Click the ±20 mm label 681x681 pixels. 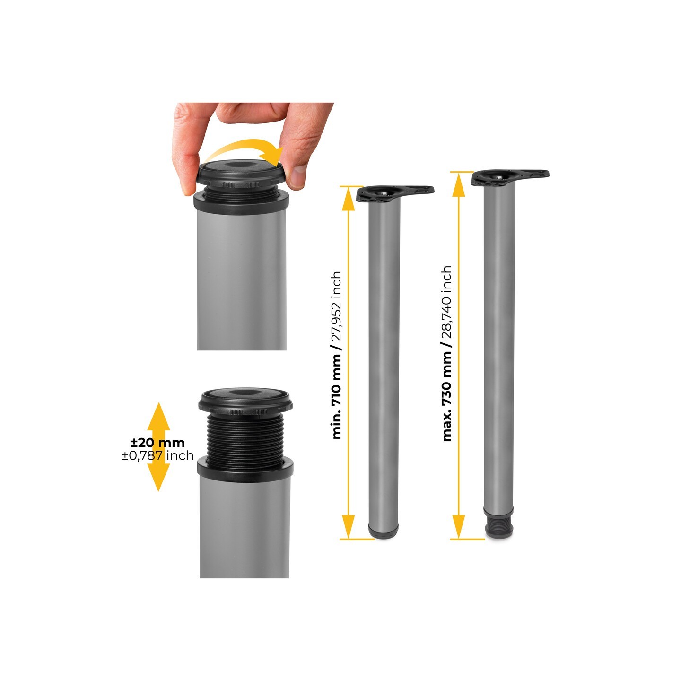[158, 443]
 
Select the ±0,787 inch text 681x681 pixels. [157, 455]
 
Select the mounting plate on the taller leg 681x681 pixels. [510, 177]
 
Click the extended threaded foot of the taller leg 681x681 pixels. [499, 529]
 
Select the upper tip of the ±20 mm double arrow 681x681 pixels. [158, 402]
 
